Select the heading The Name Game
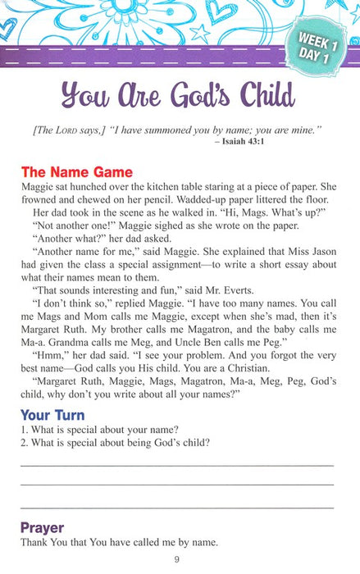tap(76, 173)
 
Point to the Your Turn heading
tap(54, 414)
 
